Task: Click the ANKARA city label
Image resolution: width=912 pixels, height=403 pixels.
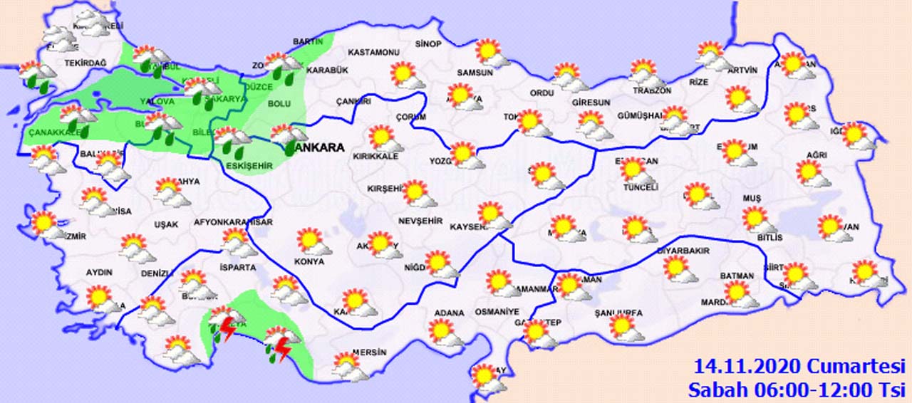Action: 318,148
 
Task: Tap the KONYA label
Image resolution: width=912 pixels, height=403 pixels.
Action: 309,261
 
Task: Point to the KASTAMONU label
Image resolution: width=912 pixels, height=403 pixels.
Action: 373,53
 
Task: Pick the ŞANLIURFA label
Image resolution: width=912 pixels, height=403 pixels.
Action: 618,313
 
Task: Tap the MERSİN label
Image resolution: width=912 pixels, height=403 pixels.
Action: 369,352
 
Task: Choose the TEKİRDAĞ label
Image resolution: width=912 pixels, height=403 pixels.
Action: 85,63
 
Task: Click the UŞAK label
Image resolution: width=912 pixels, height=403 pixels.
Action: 166,224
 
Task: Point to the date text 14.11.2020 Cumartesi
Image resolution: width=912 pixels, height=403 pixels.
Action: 799,367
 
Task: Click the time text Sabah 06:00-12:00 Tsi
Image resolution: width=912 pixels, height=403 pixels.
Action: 796,389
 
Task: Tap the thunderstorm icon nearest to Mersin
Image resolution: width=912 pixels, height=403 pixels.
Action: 278,344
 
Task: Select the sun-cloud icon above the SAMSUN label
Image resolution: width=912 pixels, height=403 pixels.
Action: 491,53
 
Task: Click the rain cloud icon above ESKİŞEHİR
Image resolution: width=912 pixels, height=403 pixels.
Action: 232,140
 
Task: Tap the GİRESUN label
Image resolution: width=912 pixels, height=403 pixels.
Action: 591,103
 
